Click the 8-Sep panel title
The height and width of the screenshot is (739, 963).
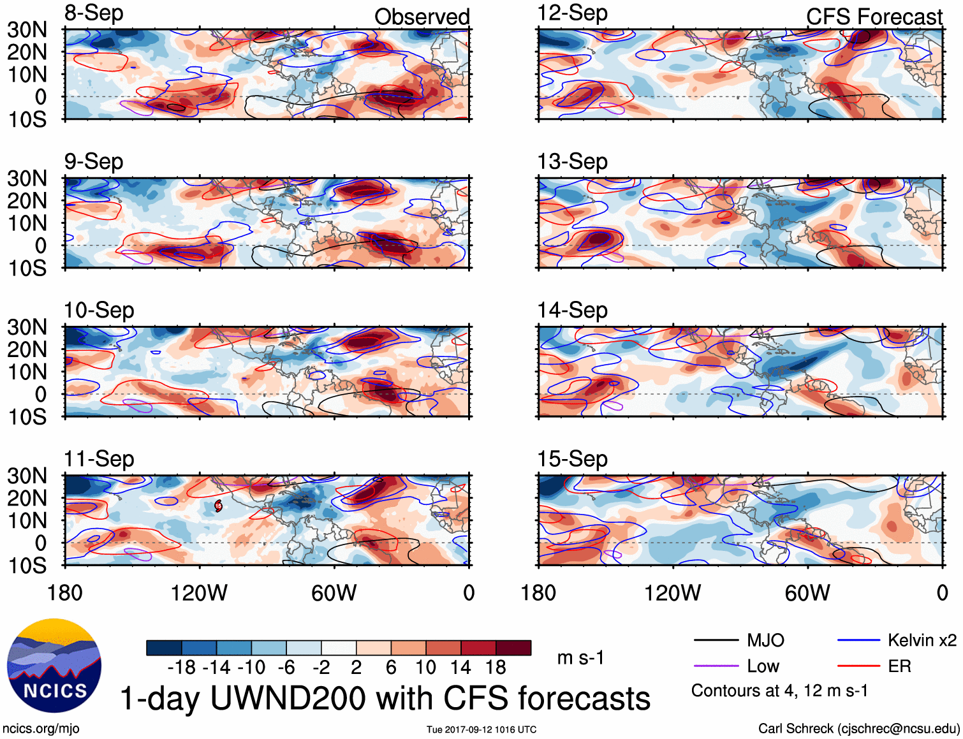[x=94, y=13]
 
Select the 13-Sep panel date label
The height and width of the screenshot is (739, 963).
[x=572, y=162]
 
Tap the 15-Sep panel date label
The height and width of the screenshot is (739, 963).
[x=572, y=459]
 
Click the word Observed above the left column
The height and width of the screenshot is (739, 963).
[x=422, y=17]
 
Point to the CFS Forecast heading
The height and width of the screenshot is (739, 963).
[x=874, y=17]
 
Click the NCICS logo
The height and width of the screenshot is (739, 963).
[x=54, y=666]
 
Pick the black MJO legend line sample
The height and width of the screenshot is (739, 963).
[x=716, y=640]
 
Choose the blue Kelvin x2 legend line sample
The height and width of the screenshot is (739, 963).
[x=858, y=640]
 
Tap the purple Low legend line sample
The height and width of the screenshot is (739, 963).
[x=716, y=666]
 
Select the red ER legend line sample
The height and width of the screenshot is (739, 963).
[x=858, y=666]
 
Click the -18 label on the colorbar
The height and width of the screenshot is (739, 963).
[x=182, y=668]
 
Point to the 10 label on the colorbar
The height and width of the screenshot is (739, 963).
[x=425, y=668]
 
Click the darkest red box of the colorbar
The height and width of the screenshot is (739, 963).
[x=513, y=648]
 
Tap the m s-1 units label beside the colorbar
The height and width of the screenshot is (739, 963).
[x=580, y=657]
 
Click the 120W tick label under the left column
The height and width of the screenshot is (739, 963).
[x=199, y=593]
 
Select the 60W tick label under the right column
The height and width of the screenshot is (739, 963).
[x=807, y=593]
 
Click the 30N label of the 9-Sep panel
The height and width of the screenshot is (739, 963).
[x=27, y=179]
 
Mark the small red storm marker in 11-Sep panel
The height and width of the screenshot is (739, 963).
[x=218, y=506]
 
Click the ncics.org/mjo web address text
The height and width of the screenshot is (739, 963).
[x=41, y=728]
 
